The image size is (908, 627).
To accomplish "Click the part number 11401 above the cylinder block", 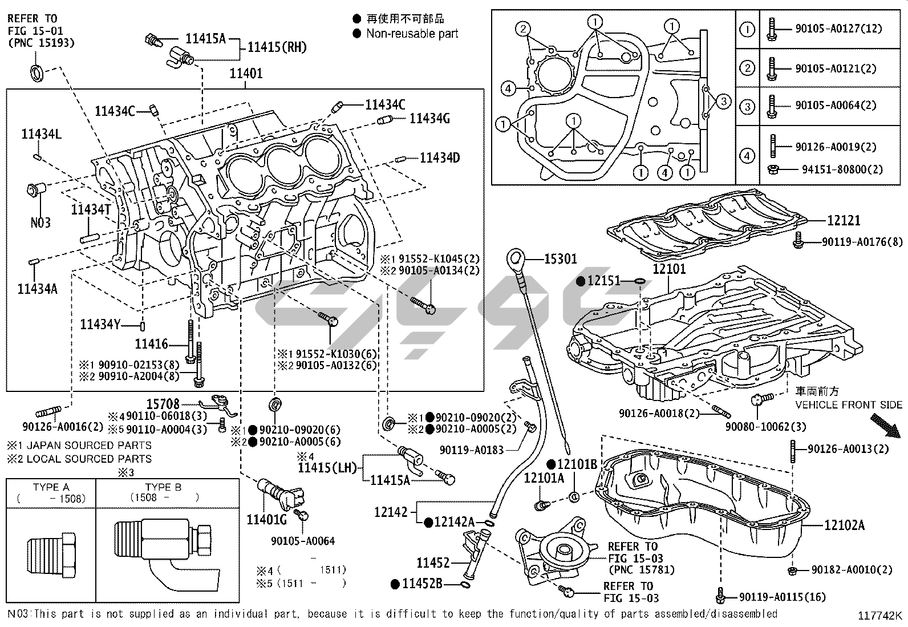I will (246, 73).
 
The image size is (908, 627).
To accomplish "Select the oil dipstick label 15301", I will (560, 259).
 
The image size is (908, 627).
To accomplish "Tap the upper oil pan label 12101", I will (669, 268).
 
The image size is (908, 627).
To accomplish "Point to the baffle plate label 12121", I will (844, 220).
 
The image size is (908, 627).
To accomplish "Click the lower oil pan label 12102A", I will (844, 525).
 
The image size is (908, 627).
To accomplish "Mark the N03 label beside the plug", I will (40, 222).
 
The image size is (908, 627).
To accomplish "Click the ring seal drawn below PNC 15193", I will (37, 72).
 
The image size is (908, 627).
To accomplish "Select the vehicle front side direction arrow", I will (885, 427).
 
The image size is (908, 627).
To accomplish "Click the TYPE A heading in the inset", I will (51, 487).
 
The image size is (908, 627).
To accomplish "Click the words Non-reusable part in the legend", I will (412, 34).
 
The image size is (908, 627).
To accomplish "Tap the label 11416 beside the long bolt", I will (151, 343).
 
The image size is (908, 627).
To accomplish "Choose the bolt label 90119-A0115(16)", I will (782, 597).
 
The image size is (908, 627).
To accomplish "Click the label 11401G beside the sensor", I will (266, 519).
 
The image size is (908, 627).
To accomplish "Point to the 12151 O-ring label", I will (603, 281).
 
